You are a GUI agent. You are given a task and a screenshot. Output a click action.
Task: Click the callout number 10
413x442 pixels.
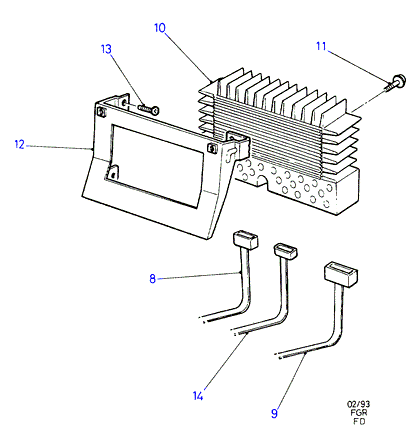point(160,28)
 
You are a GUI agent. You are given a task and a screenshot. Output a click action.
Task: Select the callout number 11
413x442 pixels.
point(321,46)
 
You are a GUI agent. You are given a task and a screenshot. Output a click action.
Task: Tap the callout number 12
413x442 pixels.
point(20,144)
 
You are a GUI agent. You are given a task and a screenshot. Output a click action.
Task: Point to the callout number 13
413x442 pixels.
point(106,49)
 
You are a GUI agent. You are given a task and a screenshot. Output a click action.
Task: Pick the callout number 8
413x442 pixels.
point(152,278)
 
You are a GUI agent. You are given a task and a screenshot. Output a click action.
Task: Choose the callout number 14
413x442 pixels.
point(198,396)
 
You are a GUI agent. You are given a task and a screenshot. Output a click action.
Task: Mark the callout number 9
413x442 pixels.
point(274,413)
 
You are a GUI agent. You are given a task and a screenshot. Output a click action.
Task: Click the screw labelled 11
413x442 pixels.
point(395,83)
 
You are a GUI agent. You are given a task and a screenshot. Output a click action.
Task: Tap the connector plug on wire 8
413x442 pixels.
point(245,239)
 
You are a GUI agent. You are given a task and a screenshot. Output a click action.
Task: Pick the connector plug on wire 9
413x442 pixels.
point(341,274)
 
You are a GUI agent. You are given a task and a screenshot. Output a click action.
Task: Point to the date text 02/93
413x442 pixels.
point(358,404)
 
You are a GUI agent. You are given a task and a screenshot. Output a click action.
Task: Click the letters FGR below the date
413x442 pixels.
point(359,413)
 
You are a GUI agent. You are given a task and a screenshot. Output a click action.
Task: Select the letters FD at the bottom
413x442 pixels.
point(359,421)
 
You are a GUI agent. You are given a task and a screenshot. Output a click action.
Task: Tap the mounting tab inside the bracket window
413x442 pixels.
point(113,172)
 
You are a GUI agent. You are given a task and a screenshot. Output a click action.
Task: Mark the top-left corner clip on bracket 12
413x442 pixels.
point(101,111)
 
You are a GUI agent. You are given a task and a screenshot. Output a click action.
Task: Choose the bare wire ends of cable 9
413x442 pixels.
point(279,355)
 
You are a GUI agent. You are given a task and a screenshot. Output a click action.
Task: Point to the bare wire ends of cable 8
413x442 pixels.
point(204,320)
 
